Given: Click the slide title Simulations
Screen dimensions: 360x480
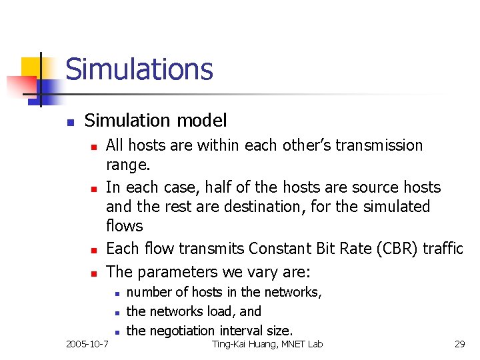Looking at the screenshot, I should (x=139, y=69).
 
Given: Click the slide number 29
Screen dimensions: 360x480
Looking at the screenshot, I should (x=459, y=344).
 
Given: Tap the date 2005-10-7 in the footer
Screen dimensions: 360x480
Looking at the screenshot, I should (x=87, y=344).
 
